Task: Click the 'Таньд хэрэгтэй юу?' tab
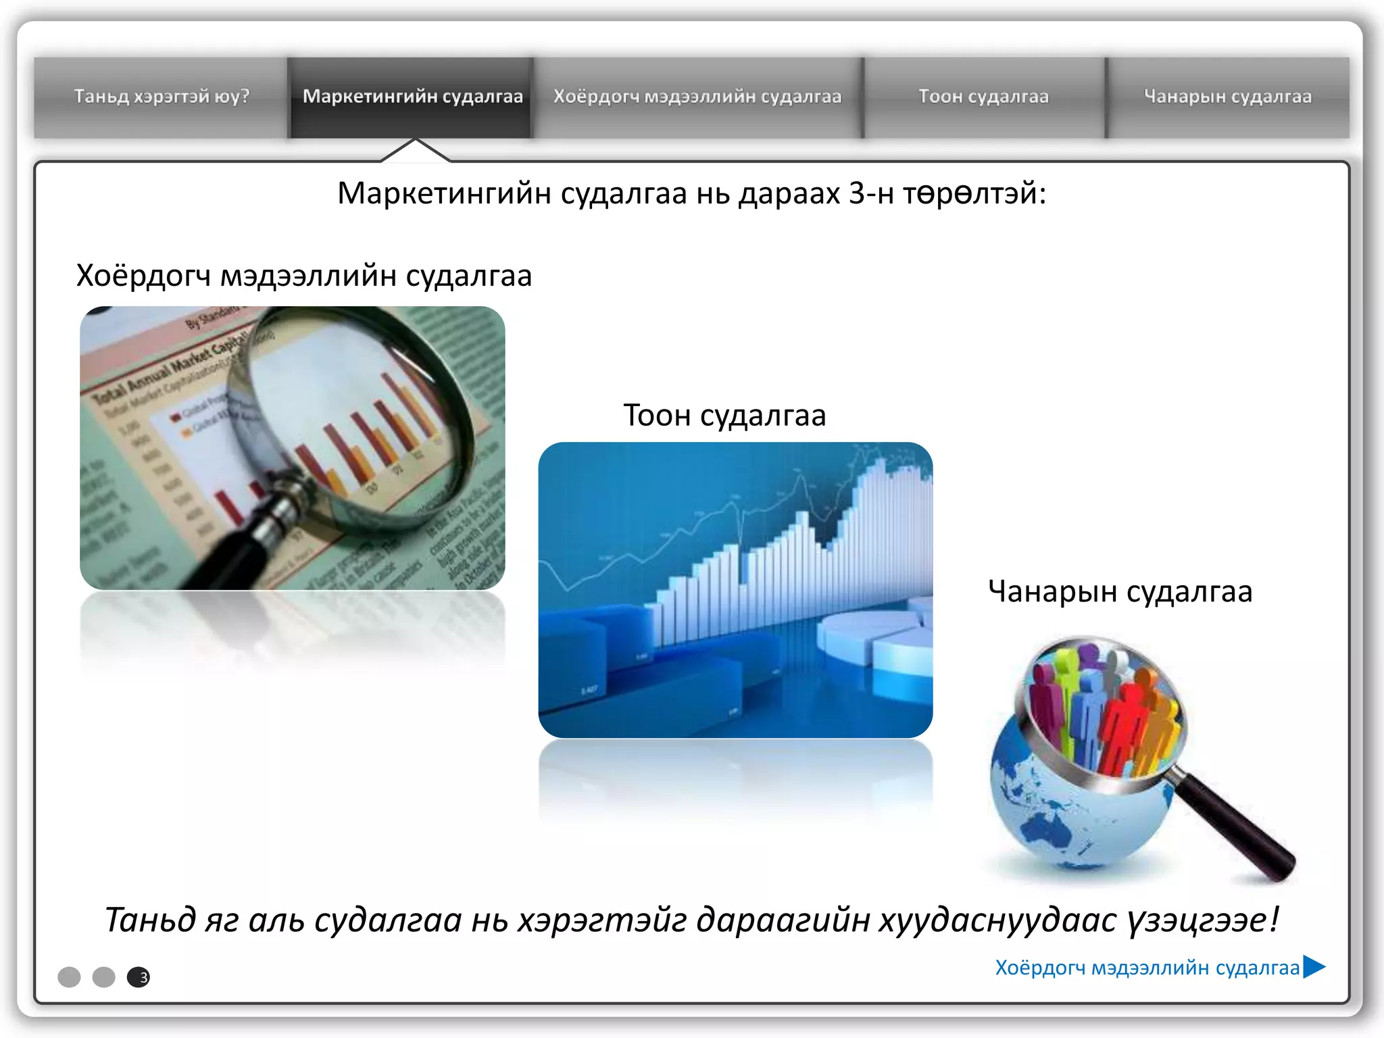coord(162,97)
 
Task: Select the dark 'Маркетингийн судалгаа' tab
coord(412,97)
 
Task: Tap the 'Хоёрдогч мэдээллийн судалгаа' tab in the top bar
coord(697,97)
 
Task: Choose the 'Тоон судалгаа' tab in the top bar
coord(983,97)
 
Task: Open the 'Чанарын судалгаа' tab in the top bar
coord(1227,97)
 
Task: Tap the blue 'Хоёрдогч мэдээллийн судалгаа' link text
coord(1147,968)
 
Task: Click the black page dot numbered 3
coord(139,977)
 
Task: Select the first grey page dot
coord(69,977)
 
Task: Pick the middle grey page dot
coord(104,977)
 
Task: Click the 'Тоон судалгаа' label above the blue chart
coord(724,415)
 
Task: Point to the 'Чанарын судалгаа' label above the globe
coord(1120,591)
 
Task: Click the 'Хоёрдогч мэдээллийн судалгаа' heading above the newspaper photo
coord(304,276)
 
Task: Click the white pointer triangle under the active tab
coord(416,153)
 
